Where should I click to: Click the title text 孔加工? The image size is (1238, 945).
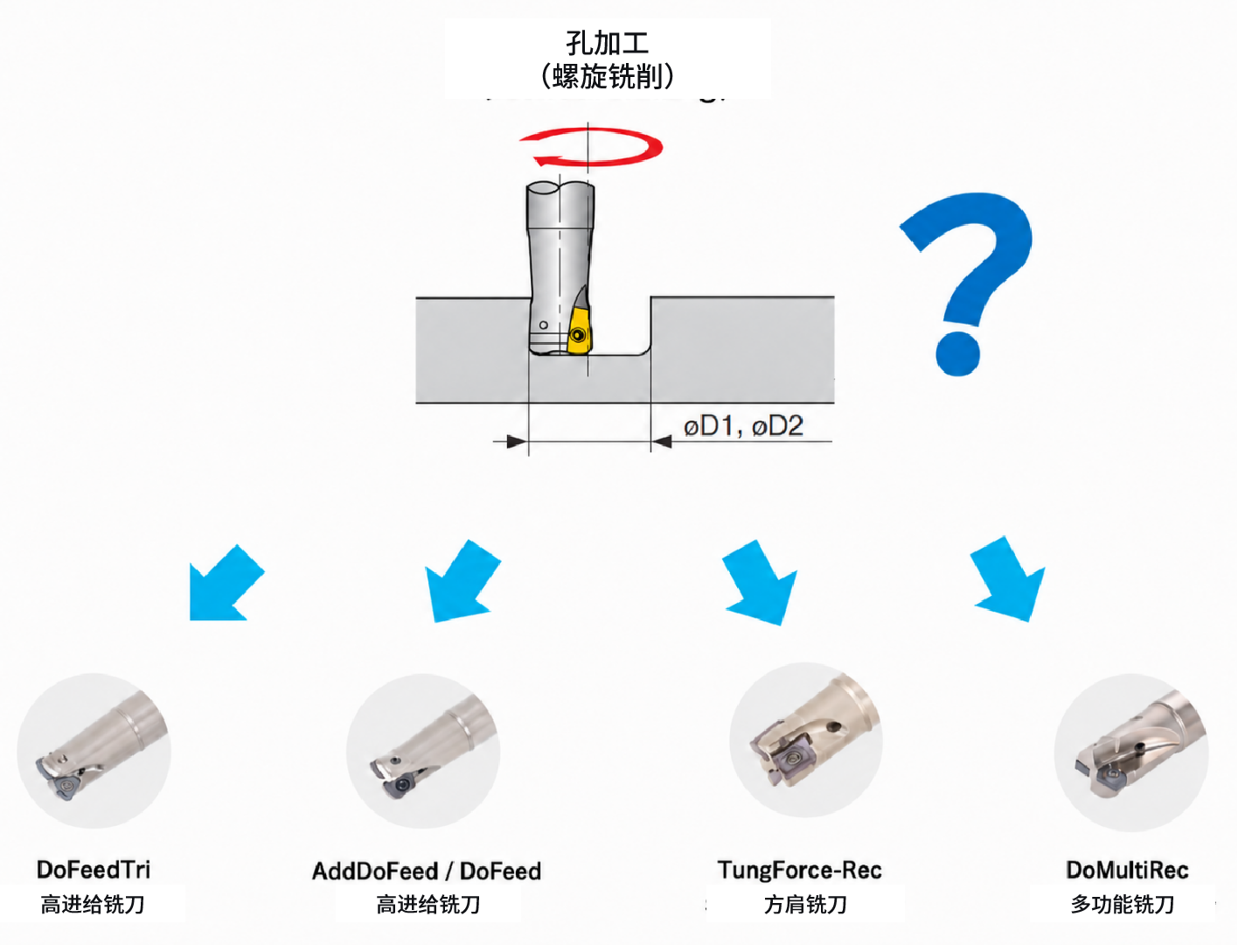click(x=607, y=44)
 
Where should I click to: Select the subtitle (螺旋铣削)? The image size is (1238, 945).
click(x=607, y=76)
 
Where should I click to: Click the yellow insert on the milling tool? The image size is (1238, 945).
click(x=578, y=332)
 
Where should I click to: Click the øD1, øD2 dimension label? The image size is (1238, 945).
click(x=743, y=425)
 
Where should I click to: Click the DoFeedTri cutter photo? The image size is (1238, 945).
click(x=94, y=751)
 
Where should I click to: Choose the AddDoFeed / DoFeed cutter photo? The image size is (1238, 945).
click(x=423, y=751)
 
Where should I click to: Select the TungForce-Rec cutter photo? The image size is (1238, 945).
click(x=806, y=739)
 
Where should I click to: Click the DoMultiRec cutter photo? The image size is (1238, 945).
click(x=1131, y=752)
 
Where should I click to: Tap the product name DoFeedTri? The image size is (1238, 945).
click(x=94, y=870)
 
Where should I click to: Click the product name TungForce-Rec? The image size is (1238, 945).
click(x=800, y=870)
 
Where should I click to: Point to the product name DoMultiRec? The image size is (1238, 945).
click(x=1128, y=870)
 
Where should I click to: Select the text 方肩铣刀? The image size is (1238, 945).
click(x=805, y=905)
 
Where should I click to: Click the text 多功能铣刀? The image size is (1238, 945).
click(x=1123, y=905)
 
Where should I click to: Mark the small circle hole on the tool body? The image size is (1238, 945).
click(x=544, y=325)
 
